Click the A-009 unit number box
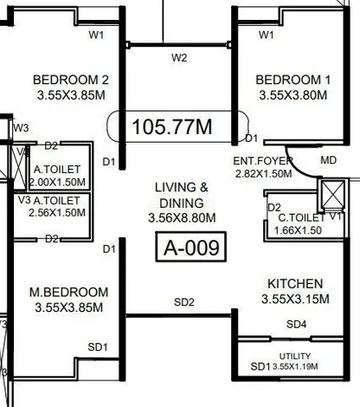point(191,247)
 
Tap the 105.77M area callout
point(177,126)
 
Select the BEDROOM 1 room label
point(293,80)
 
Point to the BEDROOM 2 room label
point(71,80)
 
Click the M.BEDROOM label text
point(69,292)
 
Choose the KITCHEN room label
point(295,284)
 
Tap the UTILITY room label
point(295,356)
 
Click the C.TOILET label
point(301,218)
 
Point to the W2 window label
point(179,58)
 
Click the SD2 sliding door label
point(184,302)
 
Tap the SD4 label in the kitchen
point(296,325)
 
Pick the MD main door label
point(328,160)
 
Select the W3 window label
point(21,127)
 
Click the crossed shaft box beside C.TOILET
point(332,194)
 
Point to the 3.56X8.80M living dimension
point(182,217)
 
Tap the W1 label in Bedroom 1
point(266,35)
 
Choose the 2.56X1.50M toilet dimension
point(57,213)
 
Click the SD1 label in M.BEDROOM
point(98,347)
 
